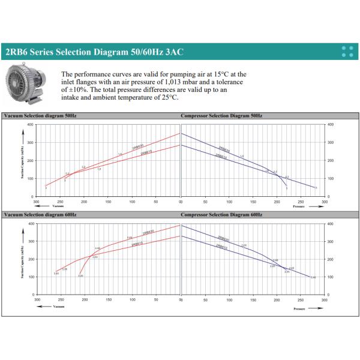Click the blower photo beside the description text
click(29, 82)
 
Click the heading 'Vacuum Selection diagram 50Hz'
click(40, 115)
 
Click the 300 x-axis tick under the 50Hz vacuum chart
click(37, 202)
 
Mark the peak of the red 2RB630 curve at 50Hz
click(180, 133)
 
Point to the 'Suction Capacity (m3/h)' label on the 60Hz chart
click(22, 259)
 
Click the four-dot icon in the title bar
click(346, 52)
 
